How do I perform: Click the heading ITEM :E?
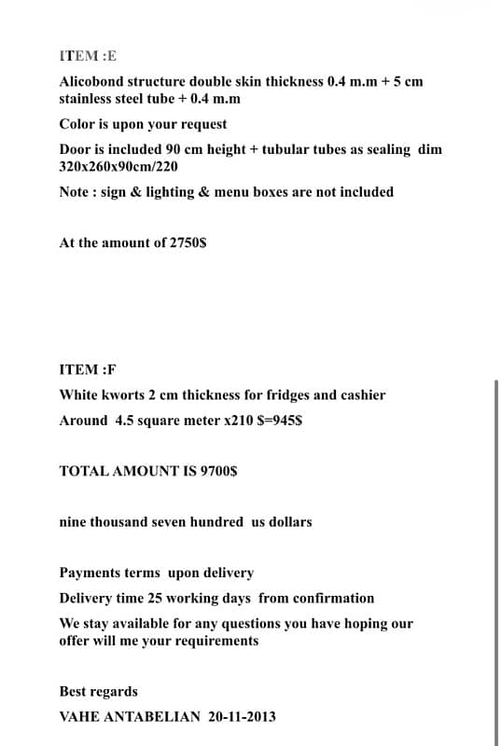coord(89,56)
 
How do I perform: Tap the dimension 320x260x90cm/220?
coord(118,166)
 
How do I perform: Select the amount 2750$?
coord(188,242)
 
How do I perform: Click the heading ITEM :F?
coord(88,369)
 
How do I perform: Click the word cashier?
coord(359,394)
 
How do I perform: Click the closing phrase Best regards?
coord(98,691)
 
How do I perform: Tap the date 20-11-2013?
coord(242,716)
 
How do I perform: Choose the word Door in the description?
coord(75,149)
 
